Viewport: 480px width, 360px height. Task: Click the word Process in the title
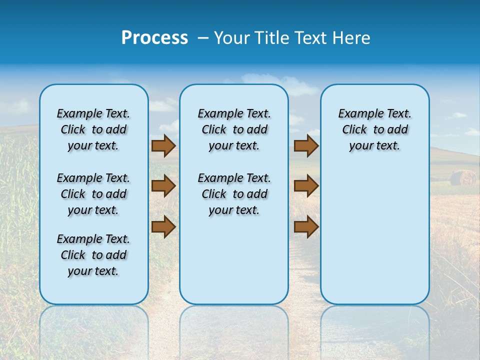[x=154, y=38]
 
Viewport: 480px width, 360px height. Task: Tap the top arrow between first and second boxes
[x=163, y=145]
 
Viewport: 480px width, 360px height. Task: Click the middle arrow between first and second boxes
[x=163, y=186]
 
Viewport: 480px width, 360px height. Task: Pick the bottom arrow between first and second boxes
[x=163, y=226]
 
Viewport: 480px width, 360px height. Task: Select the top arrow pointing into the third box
[x=306, y=145]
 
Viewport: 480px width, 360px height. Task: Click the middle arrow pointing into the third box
[x=306, y=186]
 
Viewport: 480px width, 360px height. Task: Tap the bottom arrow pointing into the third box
[x=306, y=226]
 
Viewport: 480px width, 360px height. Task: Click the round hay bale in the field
[x=463, y=177]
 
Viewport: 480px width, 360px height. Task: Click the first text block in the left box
[x=93, y=129]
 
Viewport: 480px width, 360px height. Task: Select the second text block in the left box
[x=93, y=194]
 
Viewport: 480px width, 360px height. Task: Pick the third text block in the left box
[x=93, y=255]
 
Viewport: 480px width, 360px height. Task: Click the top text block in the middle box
[x=234, y=129]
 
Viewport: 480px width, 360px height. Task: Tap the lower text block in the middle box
[x=234, y=194]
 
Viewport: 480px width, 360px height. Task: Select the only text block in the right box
[x=374, y=129]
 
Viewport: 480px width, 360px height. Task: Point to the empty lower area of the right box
[x=374, y=235]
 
